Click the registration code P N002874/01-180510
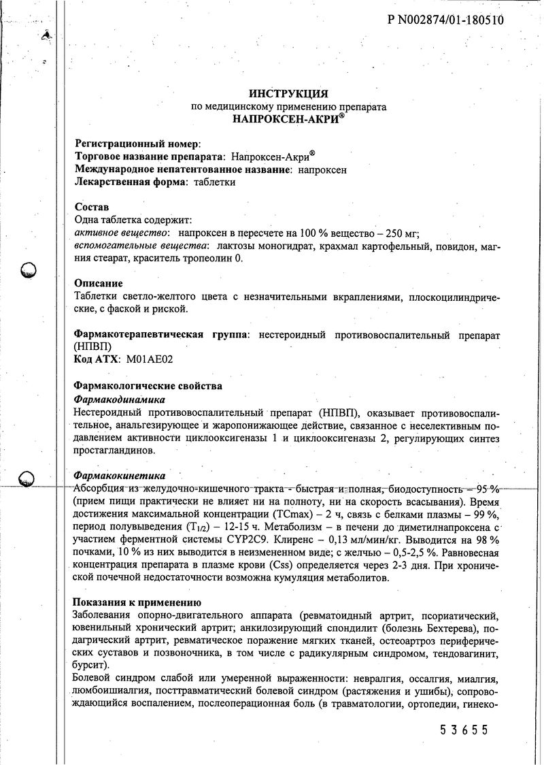coord(445,20)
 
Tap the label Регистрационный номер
coord(136,144)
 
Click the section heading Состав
coord(91,207)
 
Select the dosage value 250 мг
coord(401,233)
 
